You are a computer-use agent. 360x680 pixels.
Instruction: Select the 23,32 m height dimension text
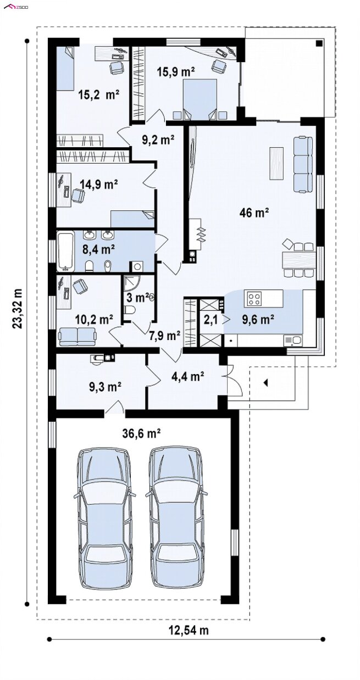(18, 308)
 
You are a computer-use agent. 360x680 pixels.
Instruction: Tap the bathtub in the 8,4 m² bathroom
(65, 251)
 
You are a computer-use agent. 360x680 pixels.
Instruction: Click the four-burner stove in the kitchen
(254, 298)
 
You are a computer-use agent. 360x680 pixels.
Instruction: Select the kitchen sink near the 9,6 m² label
(292, 341)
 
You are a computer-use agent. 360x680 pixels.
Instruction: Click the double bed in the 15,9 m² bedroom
(200, 99)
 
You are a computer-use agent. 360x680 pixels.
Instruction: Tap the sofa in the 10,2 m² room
(77, 336)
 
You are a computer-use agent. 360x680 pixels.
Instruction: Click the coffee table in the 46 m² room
(276, 163)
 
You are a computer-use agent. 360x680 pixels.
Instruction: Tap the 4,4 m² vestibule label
(184, 377)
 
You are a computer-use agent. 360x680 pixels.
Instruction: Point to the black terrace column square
(319, 43)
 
